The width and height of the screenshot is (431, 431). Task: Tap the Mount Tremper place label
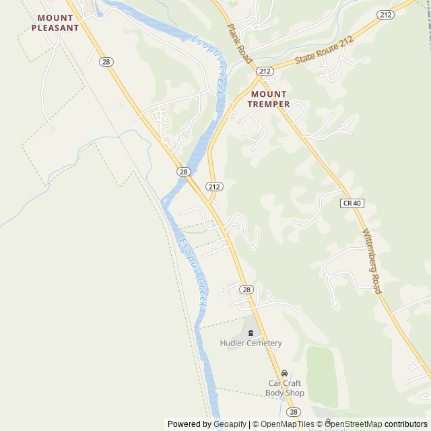click(x=268, y=99)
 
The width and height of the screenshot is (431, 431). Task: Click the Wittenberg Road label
click(x=372, y=261)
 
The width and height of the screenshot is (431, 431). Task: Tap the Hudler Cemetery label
click(x=251, y=343)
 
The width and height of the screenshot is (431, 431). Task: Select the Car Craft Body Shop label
click(x=284, y=388)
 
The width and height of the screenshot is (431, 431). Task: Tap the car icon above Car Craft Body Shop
click(x=284, y=374)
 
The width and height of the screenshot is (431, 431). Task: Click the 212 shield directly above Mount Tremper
click(x=265, y=71)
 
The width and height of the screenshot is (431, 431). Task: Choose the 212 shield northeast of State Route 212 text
click(x=386, y=14)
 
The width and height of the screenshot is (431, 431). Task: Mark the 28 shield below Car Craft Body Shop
click(x=293, y=411)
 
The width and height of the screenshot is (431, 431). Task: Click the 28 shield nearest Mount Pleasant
click(x=106, y=62)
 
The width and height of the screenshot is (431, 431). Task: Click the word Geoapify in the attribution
click(x=230, y=424)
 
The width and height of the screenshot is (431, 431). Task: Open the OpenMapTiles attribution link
click(x=286, y=424)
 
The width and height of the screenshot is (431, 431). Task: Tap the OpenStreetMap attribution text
click(x=354, y=424)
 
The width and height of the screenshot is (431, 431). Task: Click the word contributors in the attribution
click(x=406, y=424)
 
